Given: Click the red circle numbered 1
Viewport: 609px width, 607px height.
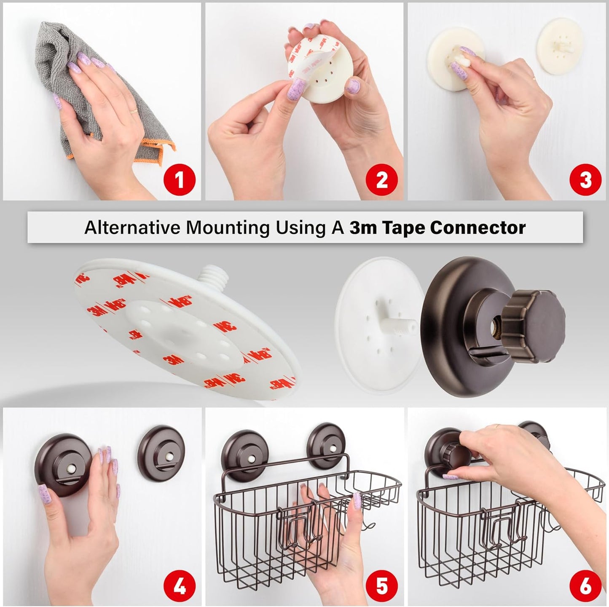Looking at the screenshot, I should (180, 180).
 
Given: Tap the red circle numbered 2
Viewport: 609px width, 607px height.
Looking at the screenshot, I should (381, 180).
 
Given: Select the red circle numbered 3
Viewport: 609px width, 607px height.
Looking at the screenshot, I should (585, 180).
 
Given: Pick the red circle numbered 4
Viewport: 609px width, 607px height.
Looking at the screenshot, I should (180, 586).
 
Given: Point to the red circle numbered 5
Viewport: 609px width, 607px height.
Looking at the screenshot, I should (381, 586).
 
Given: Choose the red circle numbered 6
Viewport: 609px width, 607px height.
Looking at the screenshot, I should (585, 586).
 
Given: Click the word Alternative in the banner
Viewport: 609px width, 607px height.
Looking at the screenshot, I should (132, 227).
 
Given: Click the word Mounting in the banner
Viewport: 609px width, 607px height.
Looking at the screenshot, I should (228, 227).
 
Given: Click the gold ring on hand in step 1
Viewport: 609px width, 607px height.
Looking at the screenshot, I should (133, 111).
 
